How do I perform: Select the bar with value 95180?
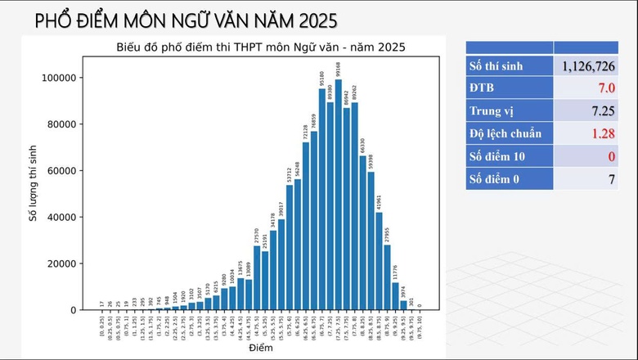[x=321, y=200]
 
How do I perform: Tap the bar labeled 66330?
[x=362, y=232]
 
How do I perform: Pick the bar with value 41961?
[x=379, y=261]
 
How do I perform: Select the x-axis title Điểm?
[x=260, y=349]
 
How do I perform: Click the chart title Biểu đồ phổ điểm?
[x=260, y=47]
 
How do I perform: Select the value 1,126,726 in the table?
[x=587, y=65]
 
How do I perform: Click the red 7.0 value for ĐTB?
[x=606, y=88]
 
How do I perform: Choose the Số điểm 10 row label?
[x=500, y=156]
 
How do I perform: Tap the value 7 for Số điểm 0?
[x=611, y=179]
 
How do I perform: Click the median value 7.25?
[x=600, y=110]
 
